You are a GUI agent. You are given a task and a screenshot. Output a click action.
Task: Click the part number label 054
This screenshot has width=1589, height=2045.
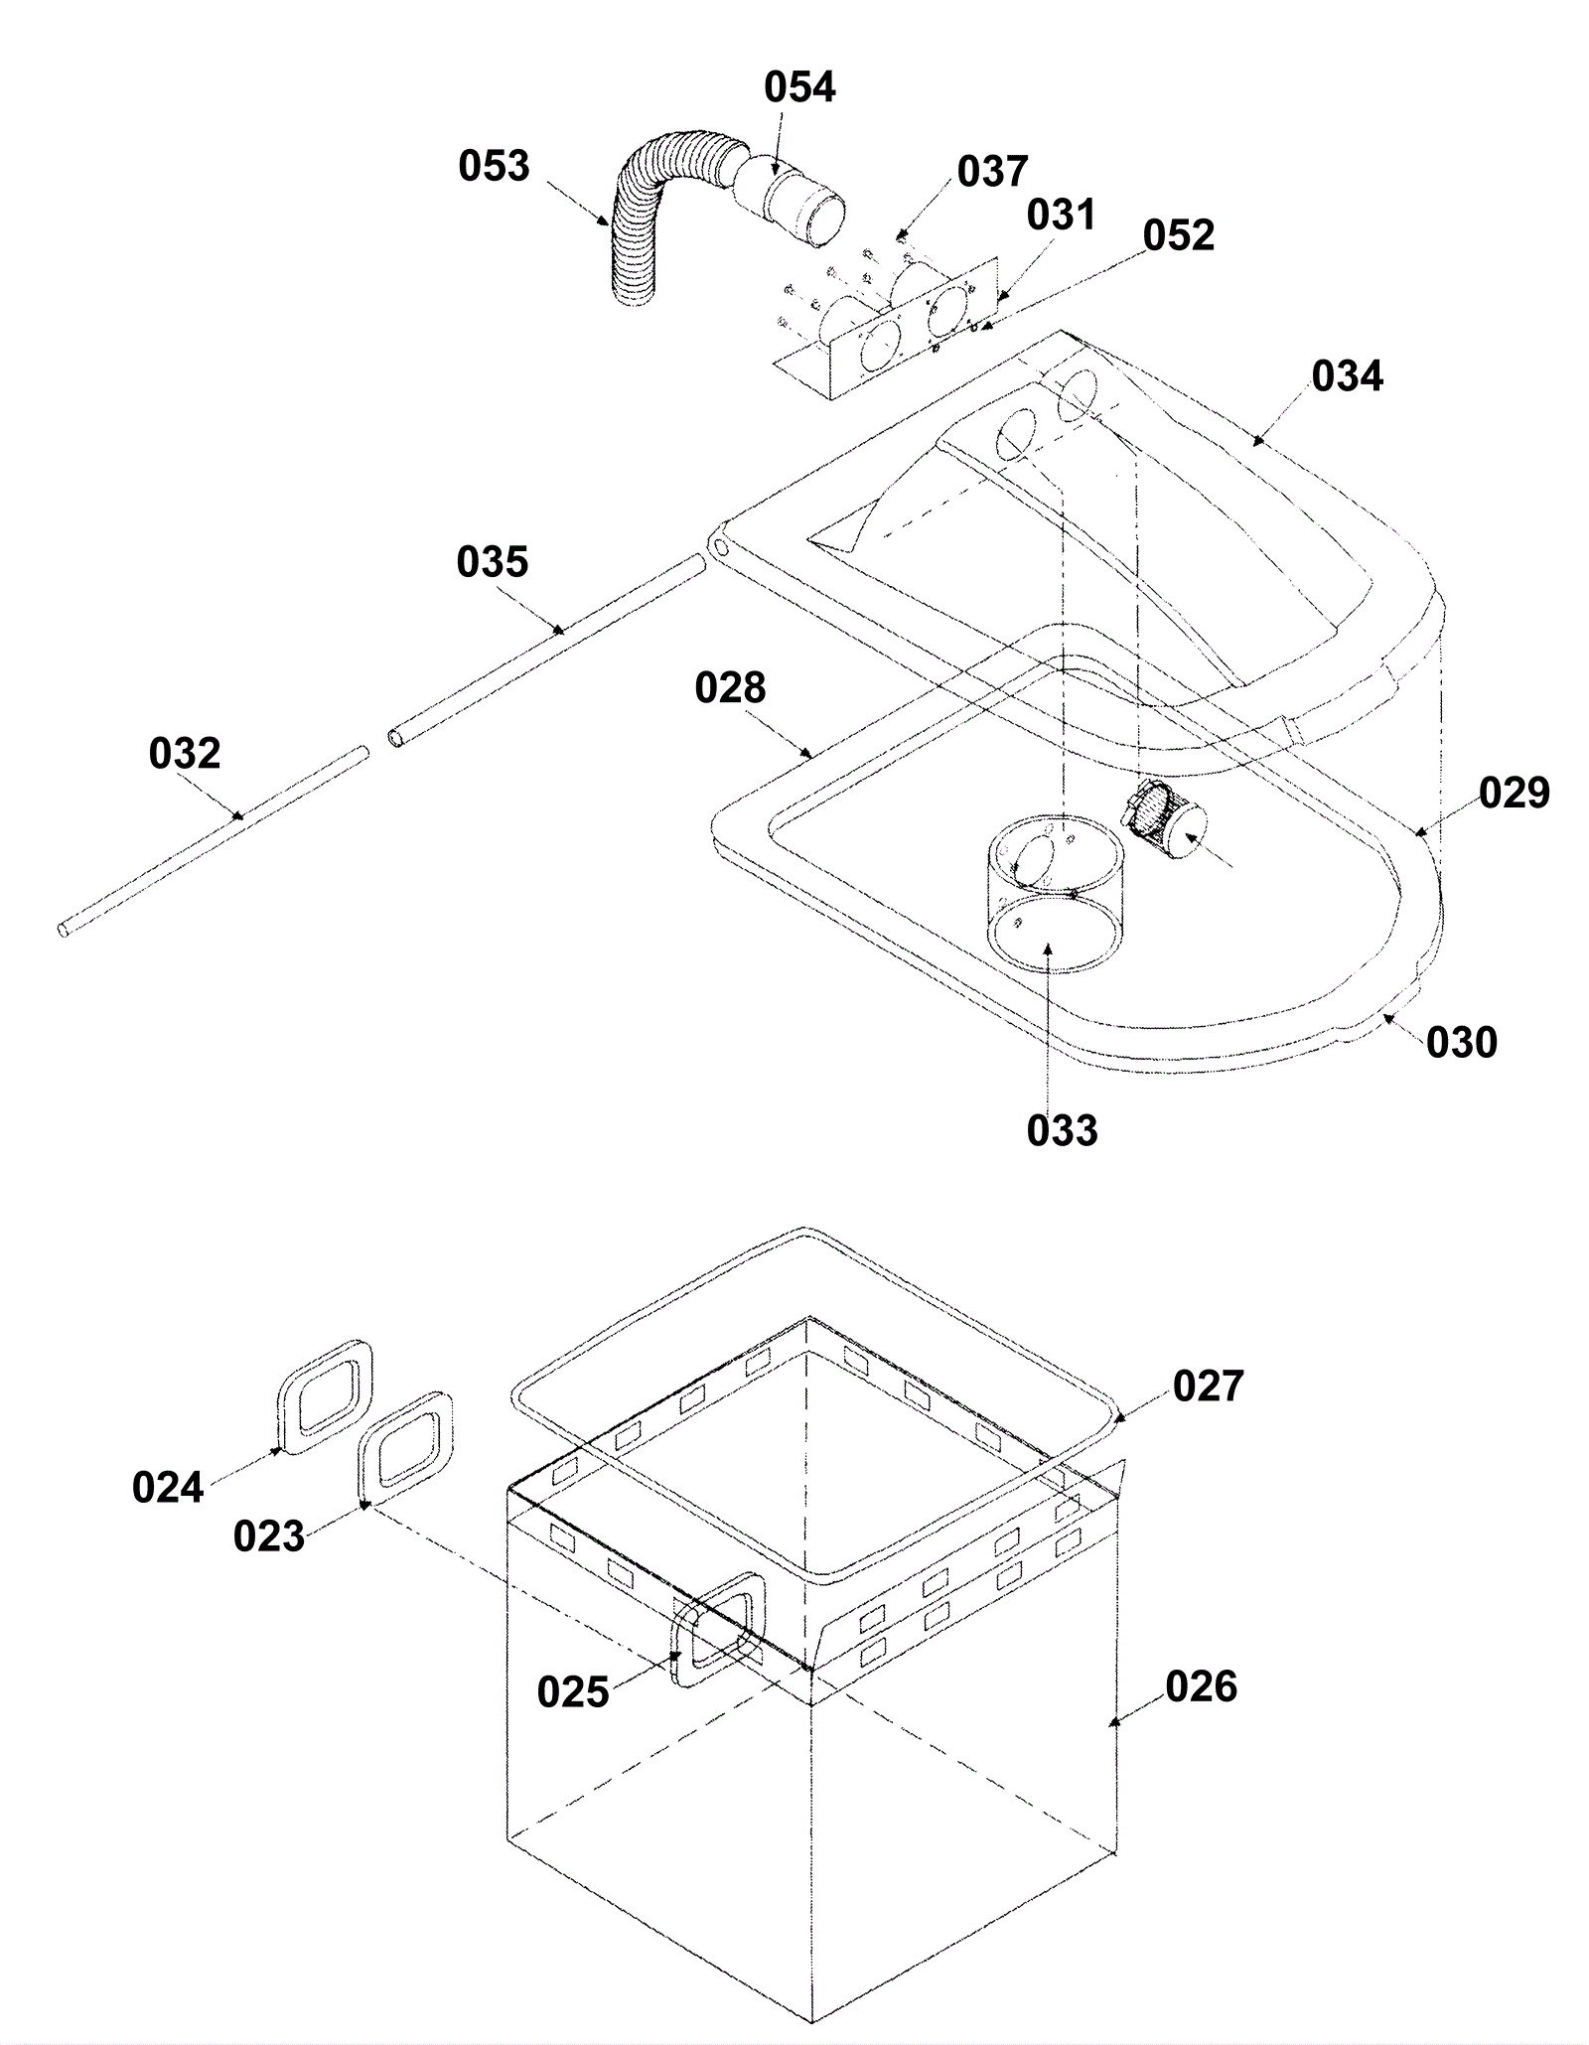coord(799,87)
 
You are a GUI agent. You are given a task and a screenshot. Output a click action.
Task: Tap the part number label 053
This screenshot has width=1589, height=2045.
coord(494,166)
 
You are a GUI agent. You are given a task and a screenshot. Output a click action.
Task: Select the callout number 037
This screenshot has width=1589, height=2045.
coord(992,172)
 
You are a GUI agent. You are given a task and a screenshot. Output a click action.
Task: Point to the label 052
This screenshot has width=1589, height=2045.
coord(1179,235)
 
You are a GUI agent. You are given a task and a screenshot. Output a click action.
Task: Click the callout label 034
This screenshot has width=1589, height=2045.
coord(1348,376)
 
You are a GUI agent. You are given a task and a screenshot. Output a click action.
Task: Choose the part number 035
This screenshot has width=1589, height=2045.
coord(493,562)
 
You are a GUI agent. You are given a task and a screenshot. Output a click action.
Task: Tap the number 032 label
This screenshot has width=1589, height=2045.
coord(185,754)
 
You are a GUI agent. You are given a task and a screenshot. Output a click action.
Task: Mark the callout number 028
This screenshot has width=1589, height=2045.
coord(730,687)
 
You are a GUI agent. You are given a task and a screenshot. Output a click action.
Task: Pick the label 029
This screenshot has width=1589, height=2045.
coord(1515,793)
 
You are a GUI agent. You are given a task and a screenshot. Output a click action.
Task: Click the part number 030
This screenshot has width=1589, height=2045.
coord(1462,1042)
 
